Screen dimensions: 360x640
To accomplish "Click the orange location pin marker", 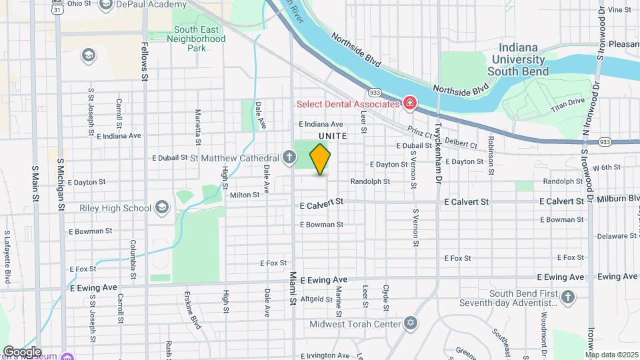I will [x=321, y=159].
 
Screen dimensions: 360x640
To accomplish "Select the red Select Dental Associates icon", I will [x=409, y=103].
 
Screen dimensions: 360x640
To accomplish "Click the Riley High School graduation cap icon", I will [x=161, y=208].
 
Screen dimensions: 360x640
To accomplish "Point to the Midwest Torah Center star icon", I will [x=411, y=324].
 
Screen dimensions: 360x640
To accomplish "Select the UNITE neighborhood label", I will [x=333, y=135].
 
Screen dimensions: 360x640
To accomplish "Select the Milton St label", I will [x=245, y=195].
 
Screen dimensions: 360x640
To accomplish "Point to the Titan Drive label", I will [x=567, y=104].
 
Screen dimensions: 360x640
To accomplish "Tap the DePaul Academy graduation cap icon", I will [x=105, y=5].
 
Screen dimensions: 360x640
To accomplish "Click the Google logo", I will [x=22, y=351].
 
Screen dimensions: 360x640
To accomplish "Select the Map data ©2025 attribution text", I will [x=611, y=355].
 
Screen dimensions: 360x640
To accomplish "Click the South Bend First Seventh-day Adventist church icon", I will [x=567, y=297].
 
